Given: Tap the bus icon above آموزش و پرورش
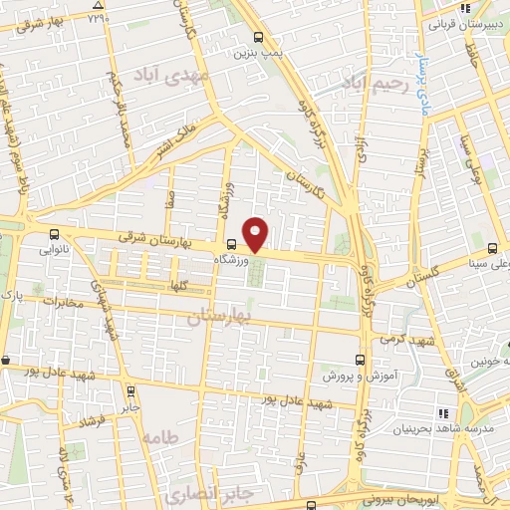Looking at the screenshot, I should click(360, 360).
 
